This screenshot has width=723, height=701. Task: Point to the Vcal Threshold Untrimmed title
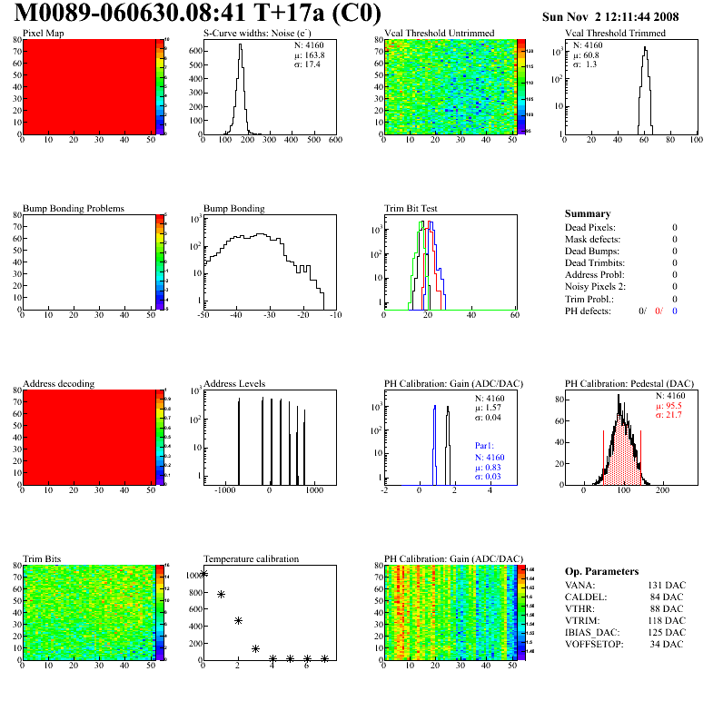[440, 34]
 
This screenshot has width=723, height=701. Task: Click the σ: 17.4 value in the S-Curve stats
[308, 64]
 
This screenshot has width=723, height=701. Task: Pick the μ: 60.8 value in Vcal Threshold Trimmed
[585, 54]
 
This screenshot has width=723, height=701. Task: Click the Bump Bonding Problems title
[74, 209]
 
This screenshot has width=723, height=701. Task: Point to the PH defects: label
[588, 311]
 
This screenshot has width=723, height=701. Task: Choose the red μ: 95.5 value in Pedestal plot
[669, 406]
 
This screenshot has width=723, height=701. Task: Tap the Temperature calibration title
[252, 559]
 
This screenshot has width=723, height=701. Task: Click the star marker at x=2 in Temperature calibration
[238, 621]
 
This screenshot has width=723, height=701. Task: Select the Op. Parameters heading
[601, 572]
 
